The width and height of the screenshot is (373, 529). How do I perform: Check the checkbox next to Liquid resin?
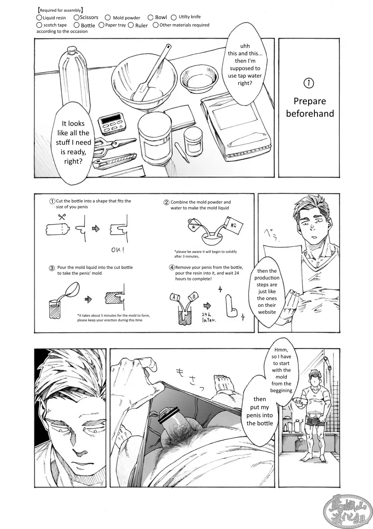click(39, 18)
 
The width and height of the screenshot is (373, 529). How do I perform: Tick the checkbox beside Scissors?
click(76, 17)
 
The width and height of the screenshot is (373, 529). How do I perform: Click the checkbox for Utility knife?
click(174, 17)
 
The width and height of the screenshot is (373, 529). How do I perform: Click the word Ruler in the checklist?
click(141, 26)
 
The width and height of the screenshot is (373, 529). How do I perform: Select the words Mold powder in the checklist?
click(126, 18)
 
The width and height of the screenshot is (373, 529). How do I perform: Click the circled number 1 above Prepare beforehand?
click(309, 84)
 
